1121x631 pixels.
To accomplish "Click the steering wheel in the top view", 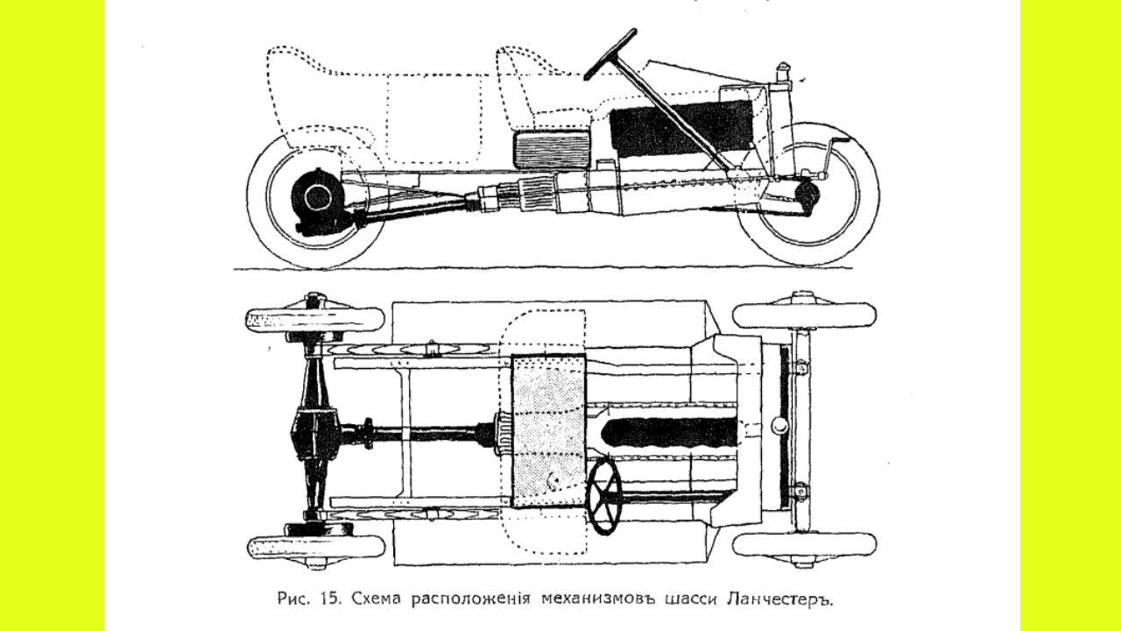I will point(605,495).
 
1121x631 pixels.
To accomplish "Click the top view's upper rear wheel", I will point(315,320).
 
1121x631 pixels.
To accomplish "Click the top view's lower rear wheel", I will point(315,547).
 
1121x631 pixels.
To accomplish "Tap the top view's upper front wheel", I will point(804,315).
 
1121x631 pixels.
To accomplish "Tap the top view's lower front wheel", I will point(804,544).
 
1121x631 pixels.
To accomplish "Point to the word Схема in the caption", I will point(377,600).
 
